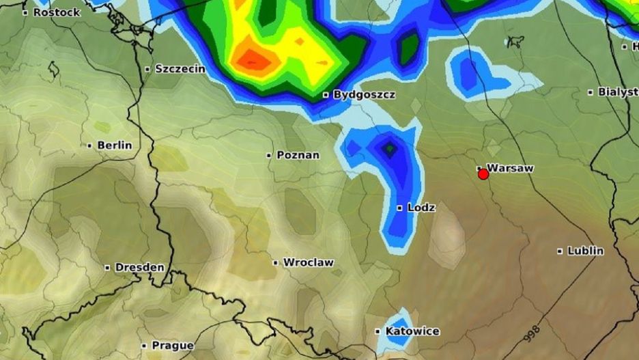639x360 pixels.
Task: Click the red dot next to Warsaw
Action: [x=483, y=174]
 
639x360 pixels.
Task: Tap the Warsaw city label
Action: [x=510, y=167]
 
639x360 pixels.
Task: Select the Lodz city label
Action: [x=421, y=207]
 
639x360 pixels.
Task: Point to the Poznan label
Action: [x=298, y=155]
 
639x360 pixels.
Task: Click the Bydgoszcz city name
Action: [x=364, y=95]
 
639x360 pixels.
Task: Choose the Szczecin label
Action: [x=180, y=68]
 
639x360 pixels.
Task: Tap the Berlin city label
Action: [x=115, y=145]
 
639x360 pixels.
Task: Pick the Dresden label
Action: [x=139, y=267]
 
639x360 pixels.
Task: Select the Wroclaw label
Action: [x=308, y=262]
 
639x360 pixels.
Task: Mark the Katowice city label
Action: [x=412, y=331]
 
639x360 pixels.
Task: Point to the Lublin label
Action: [x=586, y=251]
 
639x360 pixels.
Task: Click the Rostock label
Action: [x=57, y=12]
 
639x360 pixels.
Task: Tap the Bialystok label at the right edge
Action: [x=618, y=92]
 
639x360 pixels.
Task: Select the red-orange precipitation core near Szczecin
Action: [x=254, y=60]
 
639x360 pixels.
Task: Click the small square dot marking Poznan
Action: [x=269, y=156]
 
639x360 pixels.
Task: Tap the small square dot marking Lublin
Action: [x=560, y=251]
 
